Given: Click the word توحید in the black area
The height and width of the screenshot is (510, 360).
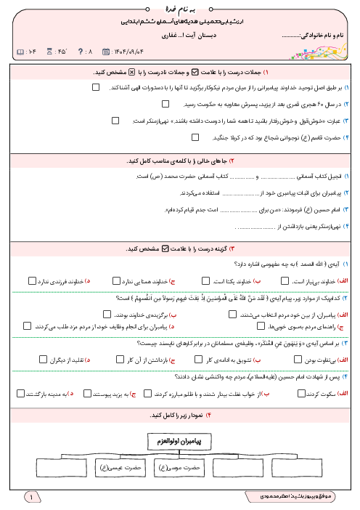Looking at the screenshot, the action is [305, 87].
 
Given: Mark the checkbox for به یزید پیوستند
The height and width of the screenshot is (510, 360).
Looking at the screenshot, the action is [88, 393].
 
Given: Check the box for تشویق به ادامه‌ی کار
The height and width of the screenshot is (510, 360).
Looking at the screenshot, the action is [198, 359].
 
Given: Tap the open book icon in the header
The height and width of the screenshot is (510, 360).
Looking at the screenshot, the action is [19, 52].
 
